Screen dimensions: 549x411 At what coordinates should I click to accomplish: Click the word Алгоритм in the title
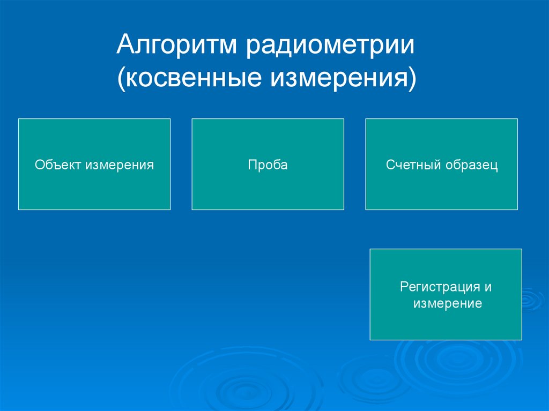tap(177, 45)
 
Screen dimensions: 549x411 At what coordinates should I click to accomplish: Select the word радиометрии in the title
tap(330, 46)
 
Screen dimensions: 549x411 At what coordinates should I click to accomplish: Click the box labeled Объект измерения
tap(94, 164)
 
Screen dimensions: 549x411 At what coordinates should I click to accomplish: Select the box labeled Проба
tap(268, 164)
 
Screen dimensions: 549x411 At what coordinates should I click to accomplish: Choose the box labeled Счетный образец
tap(442, 164)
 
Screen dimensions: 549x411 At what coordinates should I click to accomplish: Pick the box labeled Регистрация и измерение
tap(446, 294)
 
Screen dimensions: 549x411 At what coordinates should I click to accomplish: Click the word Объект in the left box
tap(58, 165)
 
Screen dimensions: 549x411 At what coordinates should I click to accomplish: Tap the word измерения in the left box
tap(120, 165)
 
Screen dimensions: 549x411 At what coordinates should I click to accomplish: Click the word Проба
tap(268, 165)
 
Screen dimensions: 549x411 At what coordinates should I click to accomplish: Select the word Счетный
tap(413, 165)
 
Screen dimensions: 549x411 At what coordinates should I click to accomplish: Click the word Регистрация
tap(440, 287)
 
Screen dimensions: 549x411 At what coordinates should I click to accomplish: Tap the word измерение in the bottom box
tap(448, 303)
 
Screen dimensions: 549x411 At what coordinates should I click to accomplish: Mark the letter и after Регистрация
tap(488, 288)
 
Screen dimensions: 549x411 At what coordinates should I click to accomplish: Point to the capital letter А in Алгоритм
tap(127, 44)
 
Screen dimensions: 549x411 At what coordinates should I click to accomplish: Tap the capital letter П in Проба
tap(252, 165)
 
